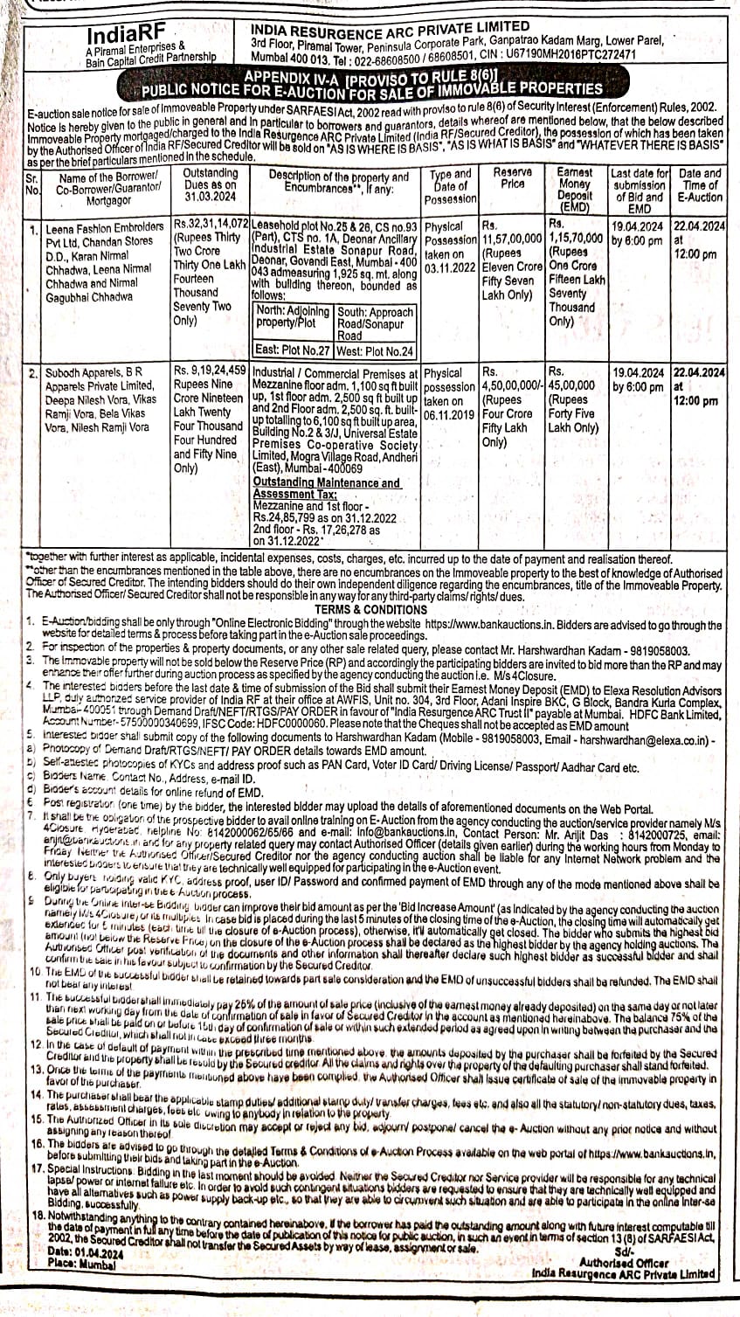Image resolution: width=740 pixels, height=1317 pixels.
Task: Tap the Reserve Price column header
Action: point(512,178)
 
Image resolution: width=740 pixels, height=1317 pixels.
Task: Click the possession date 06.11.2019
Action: point(449,416)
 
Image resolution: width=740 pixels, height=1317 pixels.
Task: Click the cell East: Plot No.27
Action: point(292,350)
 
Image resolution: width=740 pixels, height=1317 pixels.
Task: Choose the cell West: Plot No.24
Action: point(374,350)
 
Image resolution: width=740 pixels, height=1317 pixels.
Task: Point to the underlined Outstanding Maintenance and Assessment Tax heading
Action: point(326,488)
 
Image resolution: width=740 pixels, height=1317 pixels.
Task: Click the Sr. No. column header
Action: point(34,184)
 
